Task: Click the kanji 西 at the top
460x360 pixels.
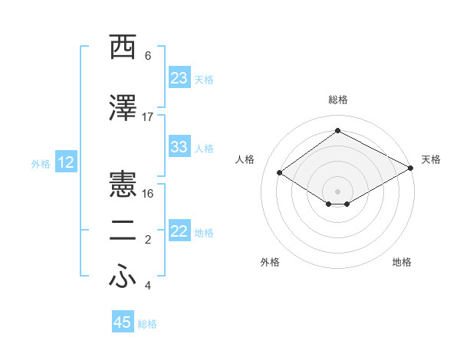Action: pyautogui.click(x=123, y=47)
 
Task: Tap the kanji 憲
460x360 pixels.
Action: pyautogui.click(x=123, y=184)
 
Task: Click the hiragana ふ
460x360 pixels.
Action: pyautogui.click(x=123, y=278)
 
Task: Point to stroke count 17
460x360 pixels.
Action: pyautogui.click(x=148, y=117)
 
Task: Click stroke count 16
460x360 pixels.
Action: pyautogui.click(x=148, y=193)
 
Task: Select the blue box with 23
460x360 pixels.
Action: pyautogui.click(x=179, y=78)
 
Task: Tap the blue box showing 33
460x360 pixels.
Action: pyautogui.click(x=179, y=147)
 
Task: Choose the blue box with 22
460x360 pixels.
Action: pyautogui.click(x=179, y=231)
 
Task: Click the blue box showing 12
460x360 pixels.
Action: pyautogui.click(x=65, y=162)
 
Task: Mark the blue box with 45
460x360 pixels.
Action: pyautogui.click(x=123, y=322)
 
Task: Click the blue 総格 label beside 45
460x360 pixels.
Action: pyautogui.click(x=147, y=324)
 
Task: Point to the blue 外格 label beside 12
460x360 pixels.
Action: pyautogui.click(x=41, y=163)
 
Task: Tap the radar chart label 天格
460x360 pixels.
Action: pyautogui.click(x=431, y=159)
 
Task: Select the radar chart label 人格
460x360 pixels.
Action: pyautogui.click(x=245, y=159)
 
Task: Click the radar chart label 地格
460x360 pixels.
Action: pyautogui.click(x=402, y=262)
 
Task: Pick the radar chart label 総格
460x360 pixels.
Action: pyautogui.click(x=337, y=100)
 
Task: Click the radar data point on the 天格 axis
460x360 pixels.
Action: pyautogui.click(x=410, y=168)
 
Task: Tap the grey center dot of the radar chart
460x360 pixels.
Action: pyautogui.click(x=337, y=190)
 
